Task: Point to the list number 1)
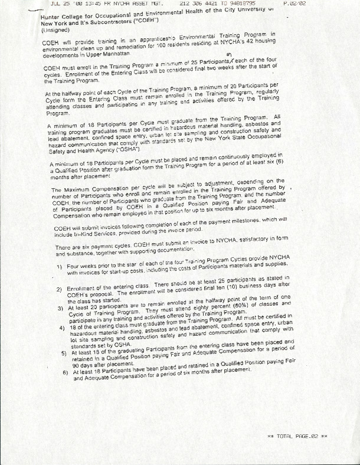pos(61,268)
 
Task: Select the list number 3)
pos(62,308)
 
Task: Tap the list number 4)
pos(63,328)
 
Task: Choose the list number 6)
pos(66,374)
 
